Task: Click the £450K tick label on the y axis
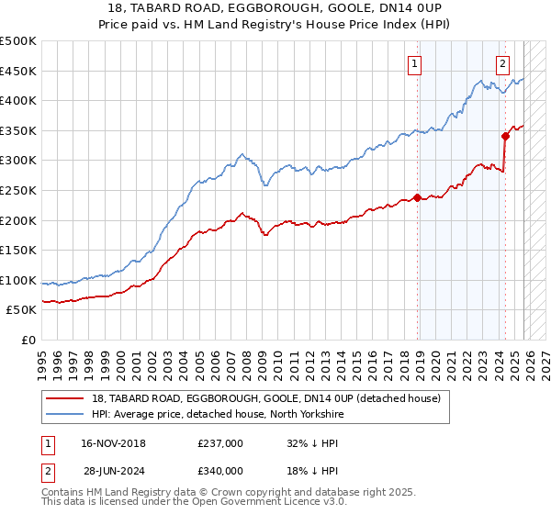pos(18,71)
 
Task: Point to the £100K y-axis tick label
pos(18,280)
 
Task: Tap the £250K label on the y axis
pos(18,190)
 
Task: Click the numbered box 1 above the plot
pos(415,63)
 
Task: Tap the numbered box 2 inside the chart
pos(503,63)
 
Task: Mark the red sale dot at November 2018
pos(417,197)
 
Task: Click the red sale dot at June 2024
pos(505,136)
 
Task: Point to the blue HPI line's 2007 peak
pos(241,154)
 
